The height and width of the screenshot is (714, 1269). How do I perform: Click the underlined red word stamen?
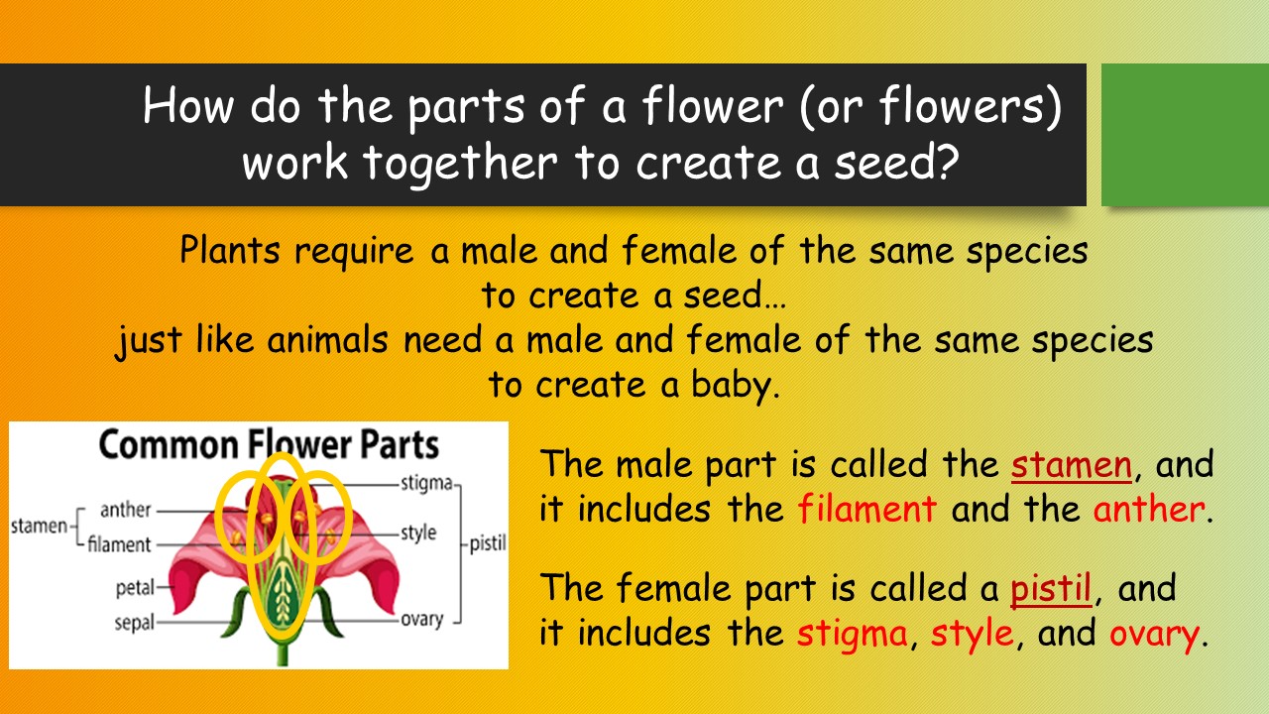(x=1072, y=465)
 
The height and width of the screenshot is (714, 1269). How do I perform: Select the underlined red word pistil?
(x=1051, y=589)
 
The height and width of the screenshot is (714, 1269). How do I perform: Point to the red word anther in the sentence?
(x=1148, y=509)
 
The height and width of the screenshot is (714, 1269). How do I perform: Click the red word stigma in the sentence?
(x=852, y=635)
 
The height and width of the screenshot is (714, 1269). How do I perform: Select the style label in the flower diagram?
(x=418, y=534)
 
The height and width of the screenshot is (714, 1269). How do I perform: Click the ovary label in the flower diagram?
(x=421, y=620)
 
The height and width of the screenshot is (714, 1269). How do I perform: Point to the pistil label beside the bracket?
(x=488, y=542)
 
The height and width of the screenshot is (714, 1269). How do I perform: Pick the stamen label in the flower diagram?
(x=39, y=527)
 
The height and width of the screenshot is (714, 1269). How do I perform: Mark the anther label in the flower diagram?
(x=125, y=510)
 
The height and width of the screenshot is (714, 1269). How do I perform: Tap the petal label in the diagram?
(x=135, y=588)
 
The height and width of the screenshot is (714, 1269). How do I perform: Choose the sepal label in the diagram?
(x=134, y=623)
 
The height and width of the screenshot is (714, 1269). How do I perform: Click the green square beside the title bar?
(x=1185, y=135)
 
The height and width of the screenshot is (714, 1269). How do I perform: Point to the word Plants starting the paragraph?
(x=230, y=250)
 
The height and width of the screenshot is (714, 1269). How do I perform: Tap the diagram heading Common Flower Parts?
(x=269, y=444)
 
